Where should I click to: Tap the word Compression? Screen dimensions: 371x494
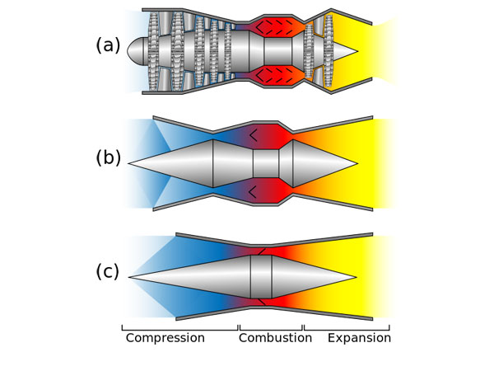[165, 338]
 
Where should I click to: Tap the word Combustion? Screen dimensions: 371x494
[271, 338]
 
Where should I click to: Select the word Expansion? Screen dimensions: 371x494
[359, 338]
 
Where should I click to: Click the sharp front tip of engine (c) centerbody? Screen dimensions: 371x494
[130, 276]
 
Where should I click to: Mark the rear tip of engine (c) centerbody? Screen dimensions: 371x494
[355, 276]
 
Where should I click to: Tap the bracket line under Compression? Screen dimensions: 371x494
[180, 329]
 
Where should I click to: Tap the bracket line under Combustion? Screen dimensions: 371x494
[271, 329]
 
